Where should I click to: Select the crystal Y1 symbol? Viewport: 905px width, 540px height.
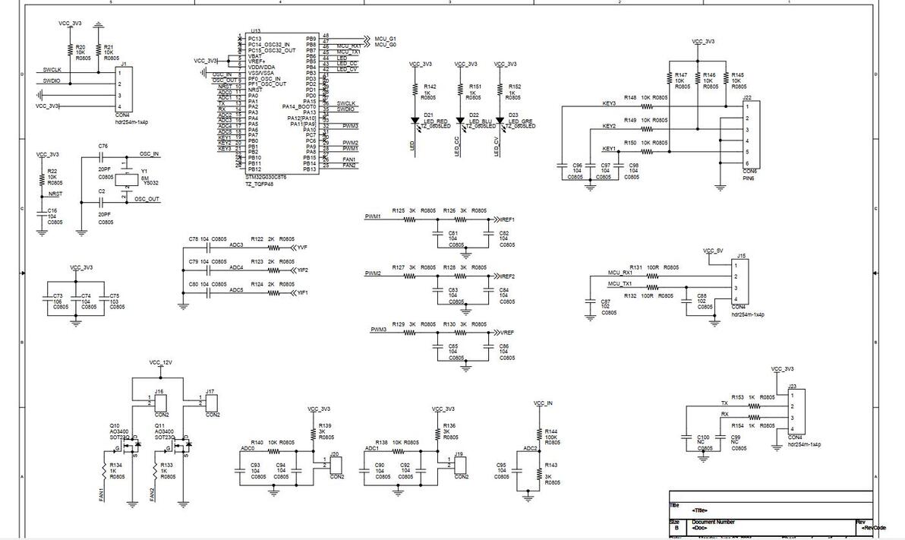pyautogui.click(x=128, y=176)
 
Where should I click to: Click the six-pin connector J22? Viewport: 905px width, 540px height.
pyautogui.click(x=749, y=135)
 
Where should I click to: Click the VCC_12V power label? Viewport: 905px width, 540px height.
pyautogui.click(x=160, y=363)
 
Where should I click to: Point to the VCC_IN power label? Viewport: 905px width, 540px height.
pyautogui.click(x=543, y=403)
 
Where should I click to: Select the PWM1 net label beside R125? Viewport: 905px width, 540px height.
pyautogui.click(x=372, y=216)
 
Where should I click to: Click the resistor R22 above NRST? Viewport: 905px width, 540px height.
pyautogui.click(x=43, y=177)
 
